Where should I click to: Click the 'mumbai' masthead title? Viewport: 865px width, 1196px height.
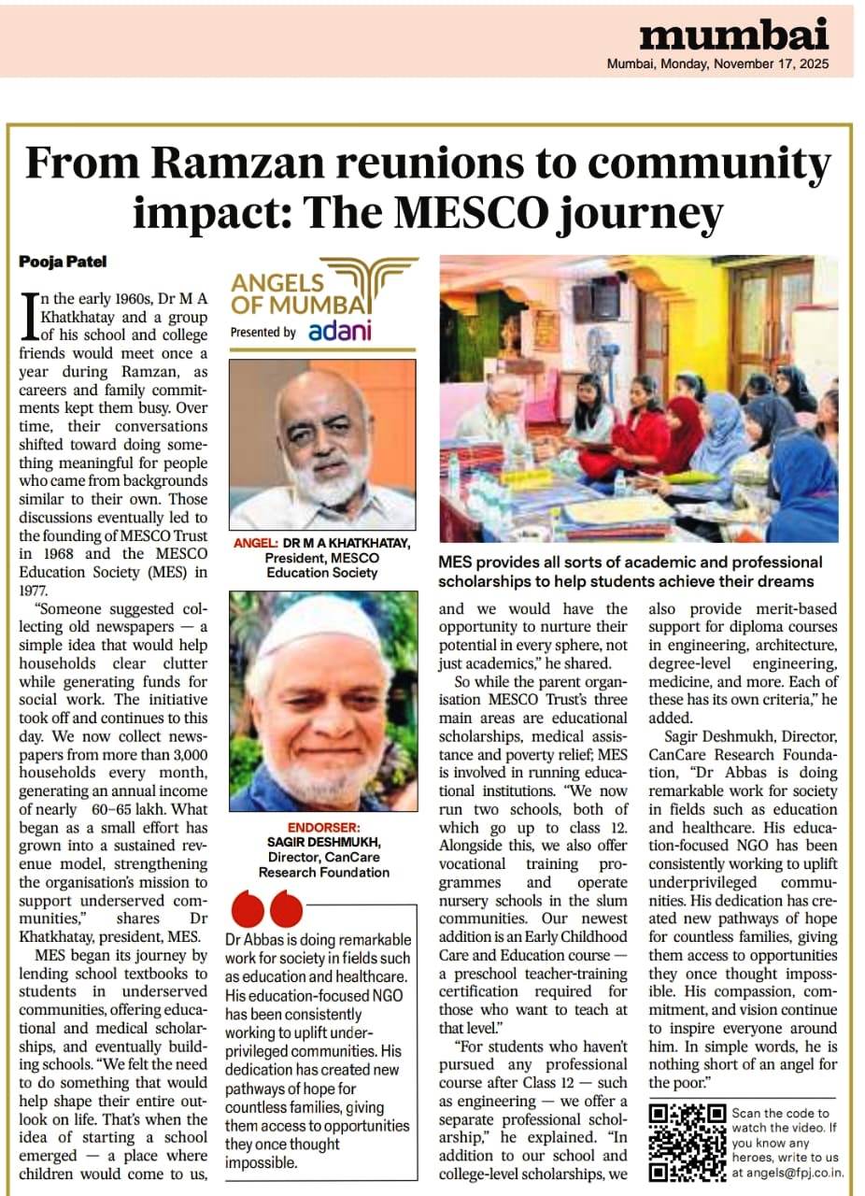(733, 36)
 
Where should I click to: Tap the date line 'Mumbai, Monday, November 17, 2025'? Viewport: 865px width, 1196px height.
(717, 64)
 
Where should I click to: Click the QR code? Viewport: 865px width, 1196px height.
(688, 1141)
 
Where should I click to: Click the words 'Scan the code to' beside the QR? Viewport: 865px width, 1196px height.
(780, 1113)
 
